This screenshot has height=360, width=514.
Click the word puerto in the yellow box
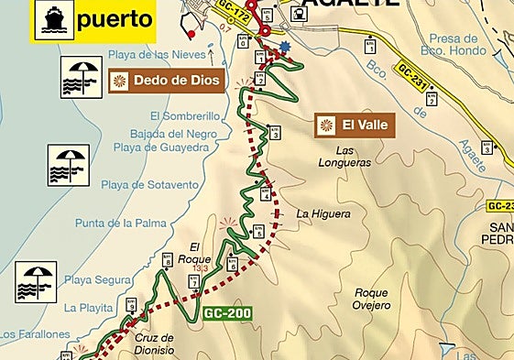[x=115, y=19]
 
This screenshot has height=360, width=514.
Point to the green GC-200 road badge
[x=228, y=311]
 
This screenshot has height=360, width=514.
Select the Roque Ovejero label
[x=373, y=299]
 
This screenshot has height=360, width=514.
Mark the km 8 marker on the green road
[x=167, y=258]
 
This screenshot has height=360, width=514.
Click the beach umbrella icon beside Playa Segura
[x=36, y=282]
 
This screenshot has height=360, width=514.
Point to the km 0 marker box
[x=243, y=40]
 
